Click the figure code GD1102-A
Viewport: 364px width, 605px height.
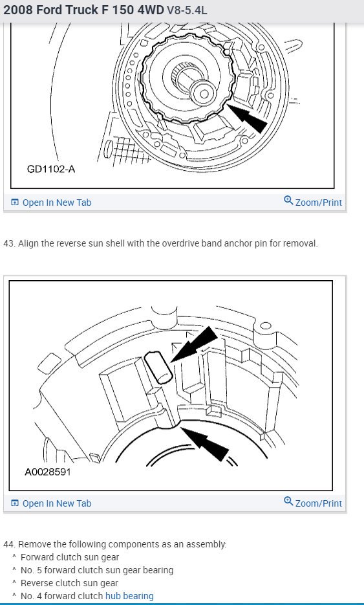[x=51, y=169]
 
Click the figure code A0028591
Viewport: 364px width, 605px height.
[x=48, y=472]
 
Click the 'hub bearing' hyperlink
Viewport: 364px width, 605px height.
[x=129, y=596]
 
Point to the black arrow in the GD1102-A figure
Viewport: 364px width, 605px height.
[x=247, y=118]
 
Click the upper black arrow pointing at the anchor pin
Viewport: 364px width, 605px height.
[x=194, y=344]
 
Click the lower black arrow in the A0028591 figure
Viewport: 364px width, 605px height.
[x=205, y=444]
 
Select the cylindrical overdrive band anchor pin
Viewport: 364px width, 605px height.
[x=158, y=368]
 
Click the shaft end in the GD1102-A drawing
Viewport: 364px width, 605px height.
[x=203, y=93]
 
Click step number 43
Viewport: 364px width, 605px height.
[x=9, y=244]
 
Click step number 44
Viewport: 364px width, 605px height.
[x=9, y=544]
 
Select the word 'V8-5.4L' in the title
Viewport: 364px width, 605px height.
[x=187, y=10]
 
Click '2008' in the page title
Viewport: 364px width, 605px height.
[x=17, y=10]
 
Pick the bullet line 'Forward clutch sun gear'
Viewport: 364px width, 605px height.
[x=70, y=557]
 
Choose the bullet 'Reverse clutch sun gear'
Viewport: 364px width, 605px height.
[x=69, y=583]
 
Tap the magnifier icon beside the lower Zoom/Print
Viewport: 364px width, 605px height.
[x=288, y=501]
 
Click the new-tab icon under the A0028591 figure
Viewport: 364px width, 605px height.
[x=15, y=503]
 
